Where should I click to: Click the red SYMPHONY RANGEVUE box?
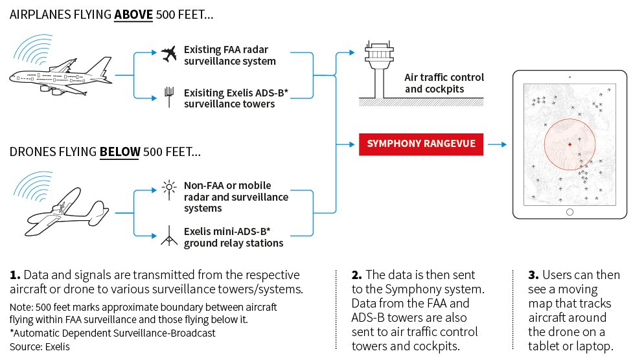[421, 144]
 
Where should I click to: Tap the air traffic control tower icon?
[378, 69]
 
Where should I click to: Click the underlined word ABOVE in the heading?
[133, 15]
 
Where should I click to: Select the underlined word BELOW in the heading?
[120, 152]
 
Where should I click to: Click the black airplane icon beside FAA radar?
[168, 54]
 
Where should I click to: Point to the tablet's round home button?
[570, 212]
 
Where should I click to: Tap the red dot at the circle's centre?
[570, 144]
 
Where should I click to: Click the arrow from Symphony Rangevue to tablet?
[497, 144]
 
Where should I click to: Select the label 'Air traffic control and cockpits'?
[444, 83]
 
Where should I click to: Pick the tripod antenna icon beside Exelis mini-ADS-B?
[169, 236]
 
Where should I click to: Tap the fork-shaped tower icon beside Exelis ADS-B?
[169, 97]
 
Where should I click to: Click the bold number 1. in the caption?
[15, 275]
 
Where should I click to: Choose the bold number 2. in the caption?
[357, 275]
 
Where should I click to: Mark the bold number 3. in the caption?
[533, 275]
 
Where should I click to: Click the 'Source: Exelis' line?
[40, 346]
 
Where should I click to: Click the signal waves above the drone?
[33, 186]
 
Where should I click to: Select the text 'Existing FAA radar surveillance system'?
[230, 55]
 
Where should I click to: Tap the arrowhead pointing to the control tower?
[352, 52]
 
